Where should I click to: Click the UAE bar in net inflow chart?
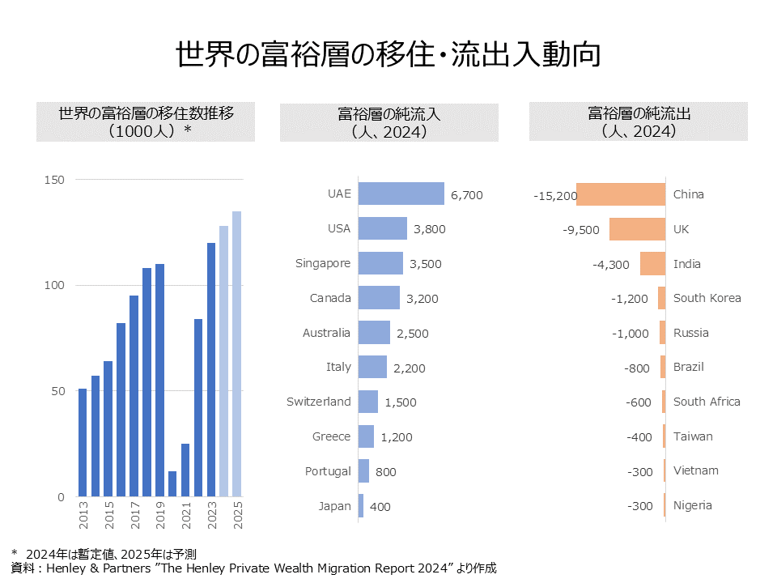[401, 194]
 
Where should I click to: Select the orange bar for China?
[621, 194]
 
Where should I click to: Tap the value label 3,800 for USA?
[429, 229]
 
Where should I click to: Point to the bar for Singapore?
[380, 263]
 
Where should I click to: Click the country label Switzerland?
[319, 402]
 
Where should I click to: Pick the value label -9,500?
[581, 229]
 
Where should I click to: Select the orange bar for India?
[652, 264]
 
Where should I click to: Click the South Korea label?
[707, 298]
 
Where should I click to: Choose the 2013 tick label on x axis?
[83, 515]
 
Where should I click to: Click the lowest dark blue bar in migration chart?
[172, 483]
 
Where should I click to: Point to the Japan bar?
[361, 506]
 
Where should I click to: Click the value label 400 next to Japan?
[380, 507]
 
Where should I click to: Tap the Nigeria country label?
[693, 505]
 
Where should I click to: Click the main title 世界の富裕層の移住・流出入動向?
[388, 55]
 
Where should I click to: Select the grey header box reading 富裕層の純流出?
[639, 122]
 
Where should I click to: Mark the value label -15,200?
[555, 195]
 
